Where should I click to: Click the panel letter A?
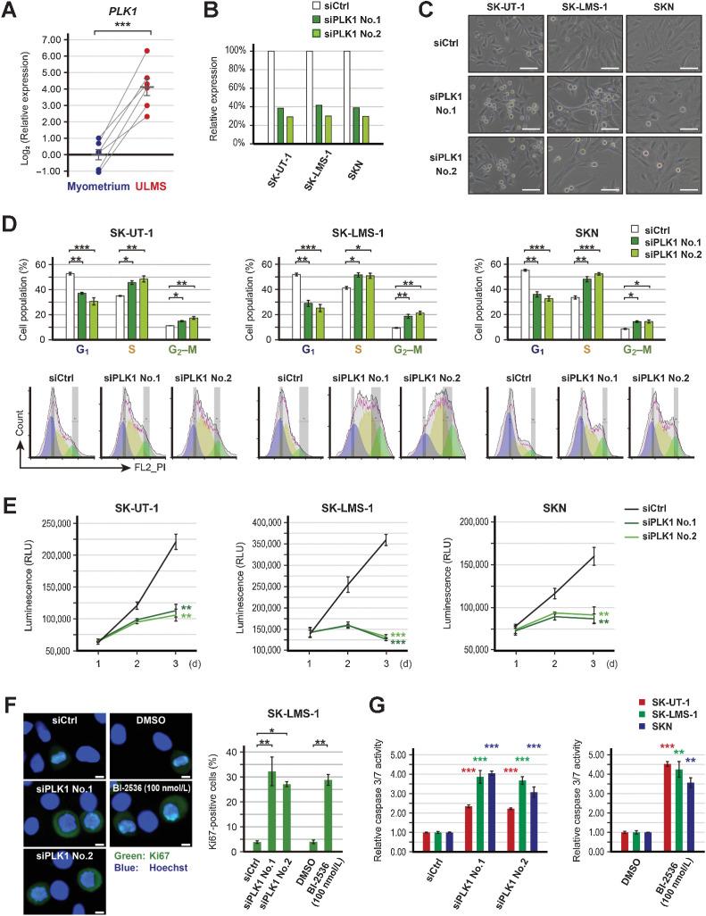pyautogui.click(x=11, y=12)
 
